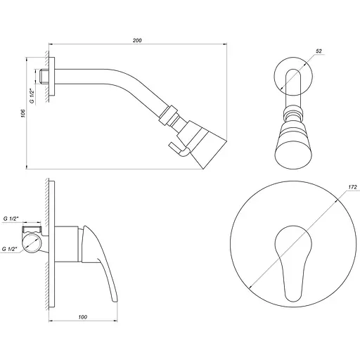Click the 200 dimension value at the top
pyautogui.click(x=137, y=41)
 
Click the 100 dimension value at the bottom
pyautogui.click(x=84, y=318)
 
